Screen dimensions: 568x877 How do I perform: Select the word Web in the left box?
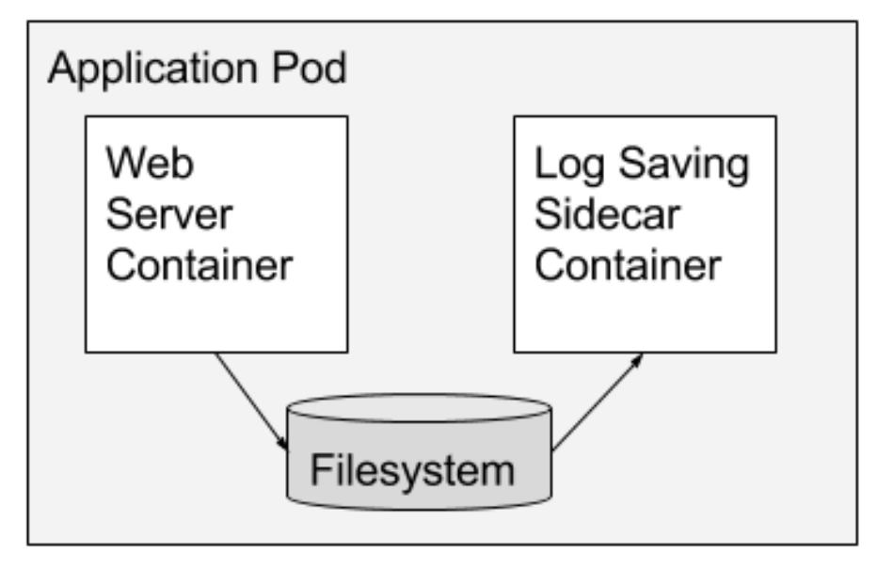151,164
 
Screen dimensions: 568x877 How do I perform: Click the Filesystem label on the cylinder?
413,468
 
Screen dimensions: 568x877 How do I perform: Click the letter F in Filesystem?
319,467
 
